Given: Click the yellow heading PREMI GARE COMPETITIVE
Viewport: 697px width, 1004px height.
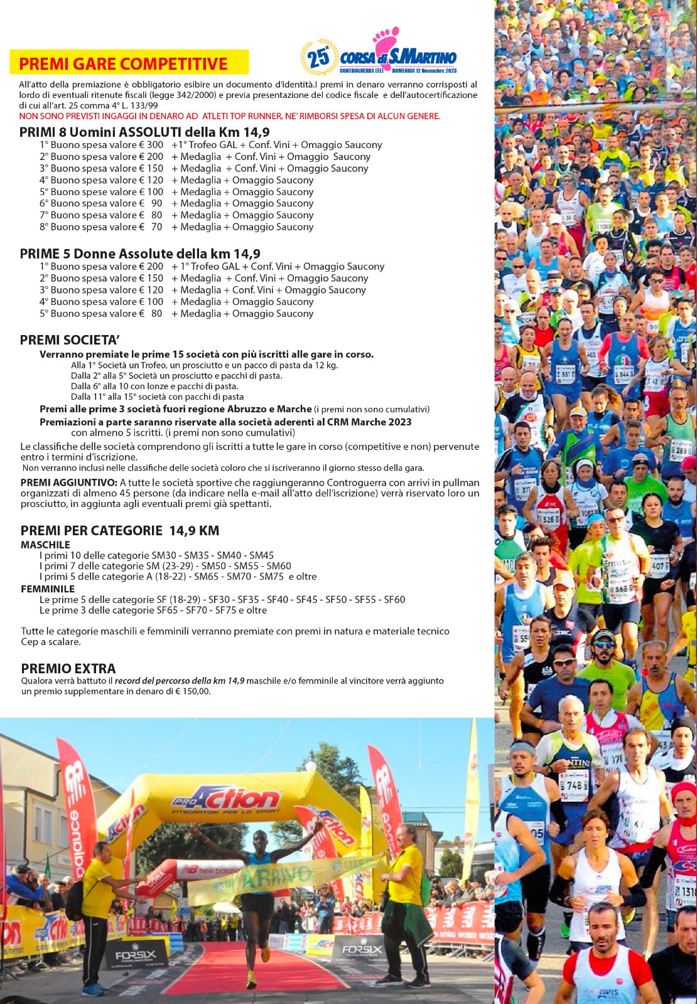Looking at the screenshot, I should click(x=123, y=63).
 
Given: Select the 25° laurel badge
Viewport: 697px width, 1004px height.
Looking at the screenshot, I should click(x=318, y=58).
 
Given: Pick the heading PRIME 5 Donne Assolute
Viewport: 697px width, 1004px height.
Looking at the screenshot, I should click(x=139, y=254).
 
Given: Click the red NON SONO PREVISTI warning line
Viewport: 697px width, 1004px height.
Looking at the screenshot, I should click(x=229, y=116).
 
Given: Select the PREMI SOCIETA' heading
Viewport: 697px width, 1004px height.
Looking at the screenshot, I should click(x=70, y=340).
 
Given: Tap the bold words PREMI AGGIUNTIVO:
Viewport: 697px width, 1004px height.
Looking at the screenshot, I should click(x=68, y=483).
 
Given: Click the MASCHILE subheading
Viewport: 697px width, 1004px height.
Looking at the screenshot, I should click(x=45, y=545).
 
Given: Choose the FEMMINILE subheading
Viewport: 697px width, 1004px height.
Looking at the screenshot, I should click(x=48, y=589).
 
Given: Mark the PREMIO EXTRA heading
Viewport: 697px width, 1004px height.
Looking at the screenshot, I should click(x=68, y=668).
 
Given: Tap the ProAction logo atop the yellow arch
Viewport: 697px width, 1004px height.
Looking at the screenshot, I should click(x=225, y=800).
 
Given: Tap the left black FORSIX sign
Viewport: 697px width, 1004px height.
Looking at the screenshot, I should click(x=134, y=956).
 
